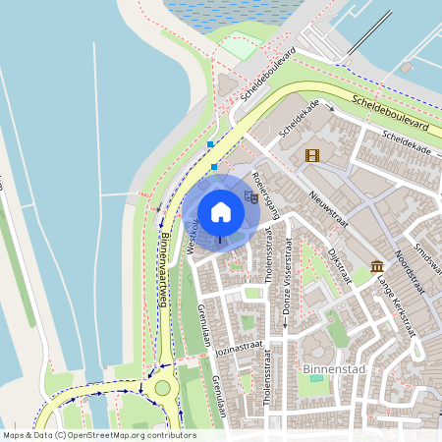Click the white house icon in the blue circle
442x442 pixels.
[x=221, y=211]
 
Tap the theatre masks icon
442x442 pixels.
[x=251, y=197]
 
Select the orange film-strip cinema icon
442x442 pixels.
[x=312, y=154]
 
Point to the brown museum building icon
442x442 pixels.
[x=378, y=266]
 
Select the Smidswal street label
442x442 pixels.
[x=429, y=256]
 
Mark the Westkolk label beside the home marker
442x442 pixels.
[x=193, y=237]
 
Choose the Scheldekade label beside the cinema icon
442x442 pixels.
[x=294, y=123]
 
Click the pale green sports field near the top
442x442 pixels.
[x=239, y=47]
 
